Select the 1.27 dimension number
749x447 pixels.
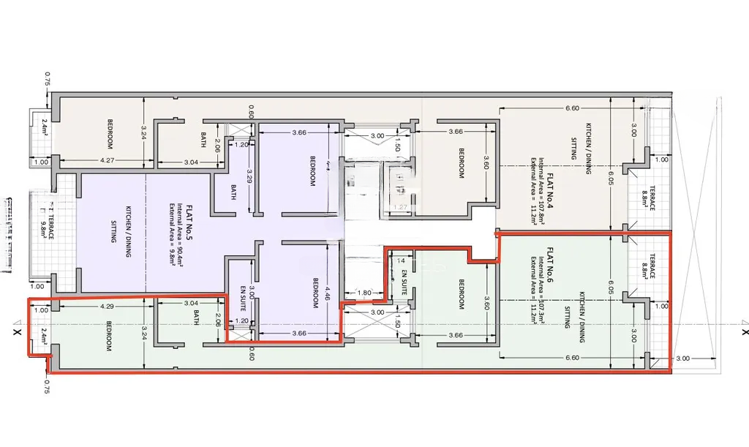click(x=399, y=207)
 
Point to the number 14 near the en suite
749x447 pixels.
click(x=400, y=260)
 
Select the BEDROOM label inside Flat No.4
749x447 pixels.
click(x=462, y=163)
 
